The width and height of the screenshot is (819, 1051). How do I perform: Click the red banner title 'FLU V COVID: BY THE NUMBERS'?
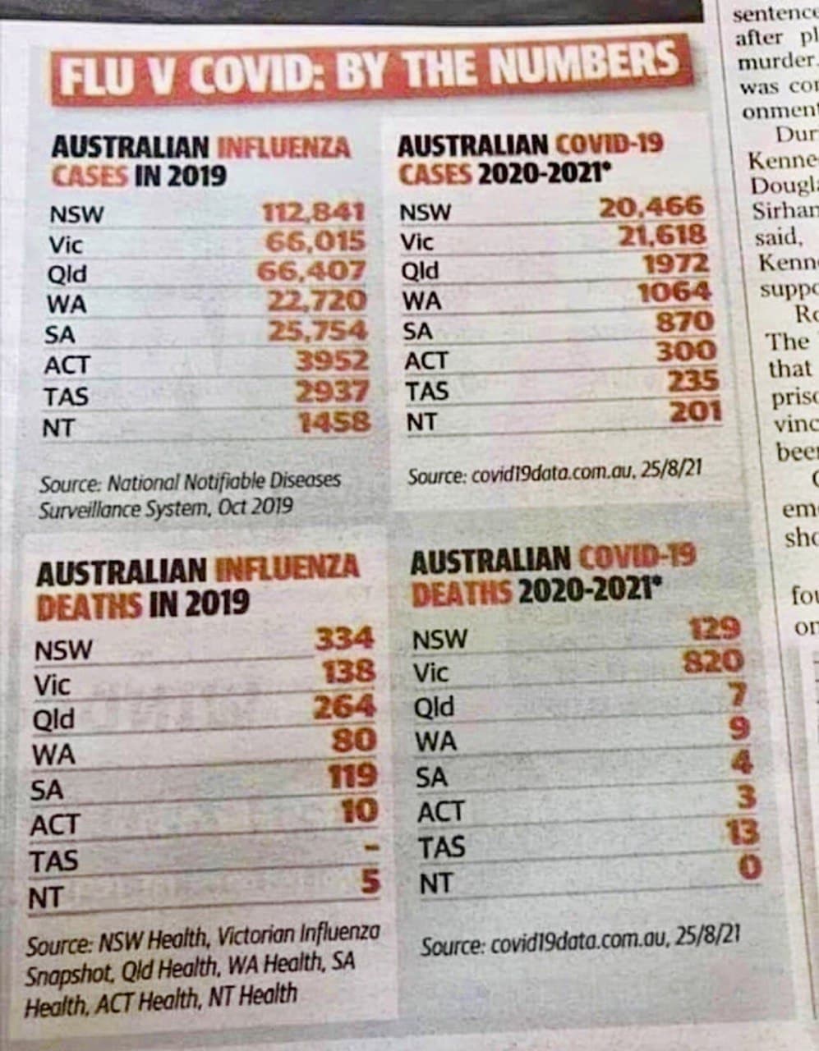(x=370, y=69)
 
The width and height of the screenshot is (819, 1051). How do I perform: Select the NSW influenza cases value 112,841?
(x=313, y=213)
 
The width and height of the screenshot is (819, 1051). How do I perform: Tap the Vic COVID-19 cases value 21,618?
(x=662, y=236)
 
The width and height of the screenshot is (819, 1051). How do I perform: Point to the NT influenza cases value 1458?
(x=334, y=423)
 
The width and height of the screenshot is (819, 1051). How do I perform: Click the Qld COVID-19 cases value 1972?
(x=675, y=264)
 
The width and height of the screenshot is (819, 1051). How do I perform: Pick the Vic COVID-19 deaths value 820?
(x=713, y=661)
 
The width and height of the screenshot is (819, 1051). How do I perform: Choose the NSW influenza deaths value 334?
(x=344, y=639)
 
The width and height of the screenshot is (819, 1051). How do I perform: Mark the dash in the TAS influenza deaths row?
(x=370, y=847)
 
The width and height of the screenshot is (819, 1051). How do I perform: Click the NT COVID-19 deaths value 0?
(x=748, y=867)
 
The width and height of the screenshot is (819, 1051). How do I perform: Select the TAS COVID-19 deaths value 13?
(x=742, y=833)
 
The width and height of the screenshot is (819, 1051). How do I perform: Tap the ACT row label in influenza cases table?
(x=67, y=365)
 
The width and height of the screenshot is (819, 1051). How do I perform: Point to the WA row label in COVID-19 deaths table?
(x=435, y=741)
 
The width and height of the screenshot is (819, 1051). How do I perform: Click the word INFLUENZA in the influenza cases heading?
(x=283, y=148)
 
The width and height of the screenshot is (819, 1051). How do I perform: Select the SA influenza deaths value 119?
(x=352, y=776)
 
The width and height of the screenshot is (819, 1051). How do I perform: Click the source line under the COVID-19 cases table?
(x=554, y=475)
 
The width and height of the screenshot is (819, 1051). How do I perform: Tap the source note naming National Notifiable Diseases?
(x=189, y=493)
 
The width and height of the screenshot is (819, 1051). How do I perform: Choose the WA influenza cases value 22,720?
(x=317, y=301)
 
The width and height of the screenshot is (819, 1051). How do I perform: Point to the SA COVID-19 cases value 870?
(x=685, y=321)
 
